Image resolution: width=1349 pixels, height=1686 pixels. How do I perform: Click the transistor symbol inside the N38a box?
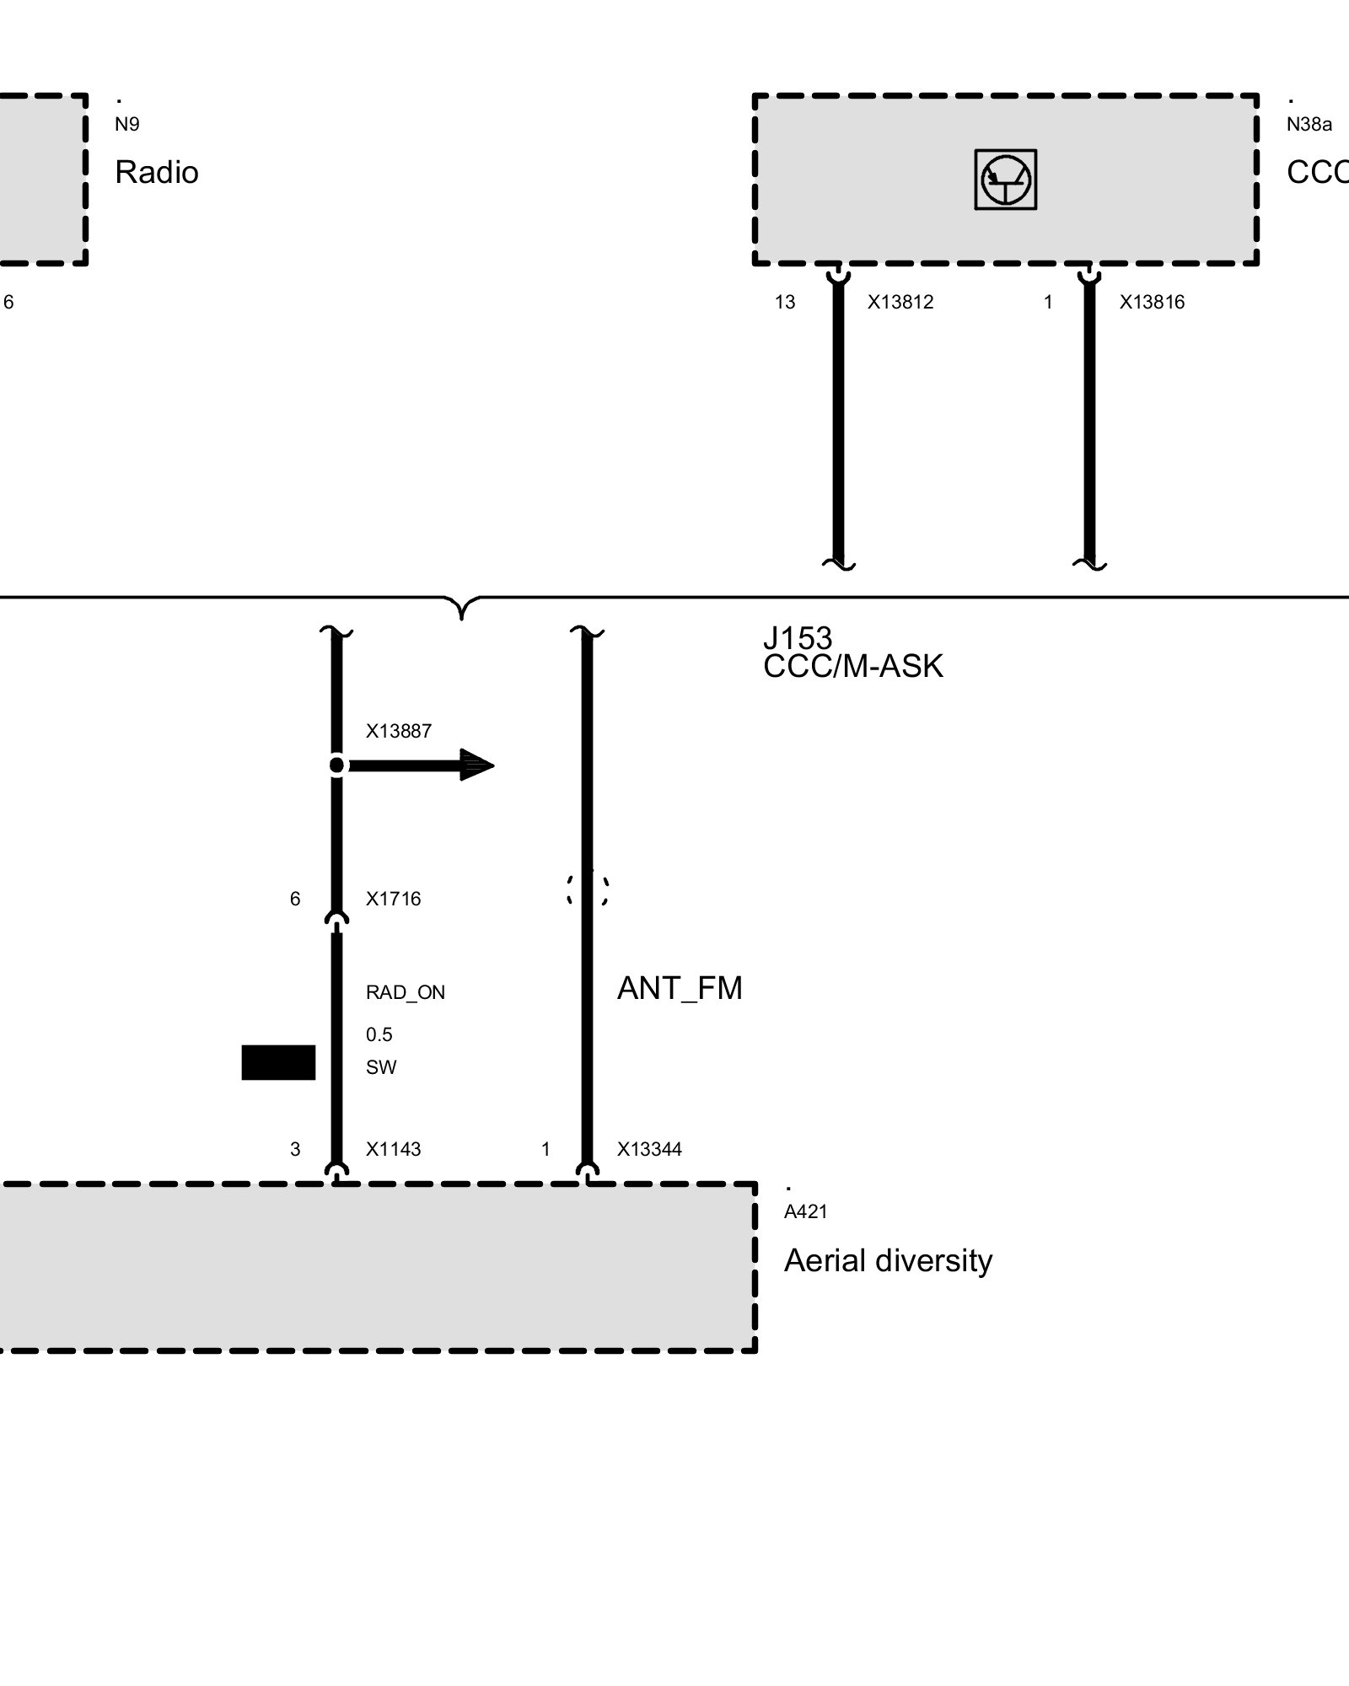point(1005,180)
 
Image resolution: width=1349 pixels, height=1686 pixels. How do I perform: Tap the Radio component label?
point(157,172)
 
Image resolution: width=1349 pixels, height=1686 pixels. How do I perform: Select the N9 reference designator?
point(127,125)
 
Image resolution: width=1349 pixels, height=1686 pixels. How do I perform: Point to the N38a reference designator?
point(1309,125)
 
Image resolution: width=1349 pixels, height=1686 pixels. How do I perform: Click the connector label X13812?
point(900,302)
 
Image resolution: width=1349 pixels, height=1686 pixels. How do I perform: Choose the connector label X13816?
point(1152,302)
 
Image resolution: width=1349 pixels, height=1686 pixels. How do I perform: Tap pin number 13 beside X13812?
point(785,302)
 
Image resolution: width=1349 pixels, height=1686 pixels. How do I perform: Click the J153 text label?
point(798,637)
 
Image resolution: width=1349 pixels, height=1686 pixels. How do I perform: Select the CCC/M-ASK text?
point(853,666)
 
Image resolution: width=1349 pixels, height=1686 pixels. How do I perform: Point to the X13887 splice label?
point(398,731)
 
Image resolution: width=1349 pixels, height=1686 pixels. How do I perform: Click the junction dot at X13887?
point(336,765)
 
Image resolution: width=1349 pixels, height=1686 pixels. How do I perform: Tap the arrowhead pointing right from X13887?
point(477,765)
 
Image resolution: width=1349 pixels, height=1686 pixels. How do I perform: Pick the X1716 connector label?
point(393,899)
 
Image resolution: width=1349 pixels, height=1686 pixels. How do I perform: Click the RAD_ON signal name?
point(406,992)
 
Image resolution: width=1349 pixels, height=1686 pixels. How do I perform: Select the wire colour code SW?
point(381,1067)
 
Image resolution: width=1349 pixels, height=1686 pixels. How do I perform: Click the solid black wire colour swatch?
point(278,1062)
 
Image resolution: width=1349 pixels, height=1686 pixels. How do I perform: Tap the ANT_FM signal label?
point(680,988)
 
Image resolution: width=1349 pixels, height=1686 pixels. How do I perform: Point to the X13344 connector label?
point(649,1149)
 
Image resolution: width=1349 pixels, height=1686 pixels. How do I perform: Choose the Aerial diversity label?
point(889,1260)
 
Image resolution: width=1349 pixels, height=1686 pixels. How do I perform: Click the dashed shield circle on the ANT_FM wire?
point(569,889)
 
